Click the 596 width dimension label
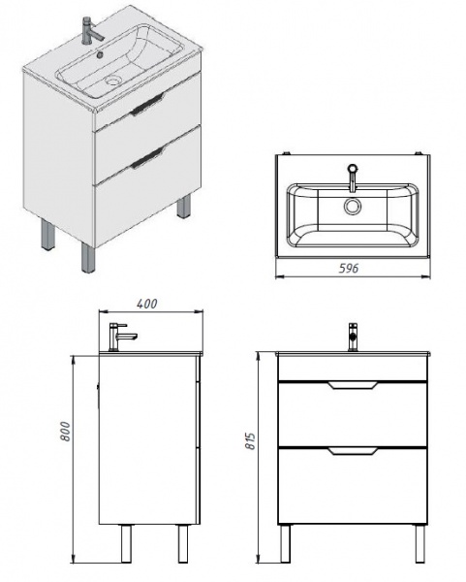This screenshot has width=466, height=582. (349, 268)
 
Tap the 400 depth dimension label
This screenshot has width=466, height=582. (147, 304)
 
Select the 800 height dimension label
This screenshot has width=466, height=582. (65, 432)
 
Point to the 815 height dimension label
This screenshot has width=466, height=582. (251, 441)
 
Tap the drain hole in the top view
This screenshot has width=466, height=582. (352, 206)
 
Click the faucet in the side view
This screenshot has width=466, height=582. (121, 337)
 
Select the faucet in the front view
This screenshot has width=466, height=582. (354, 337)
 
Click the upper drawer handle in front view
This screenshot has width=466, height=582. (353, 385)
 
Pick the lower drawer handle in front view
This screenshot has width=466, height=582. (353, 451)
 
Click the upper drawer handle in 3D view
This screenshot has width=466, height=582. (147, 105)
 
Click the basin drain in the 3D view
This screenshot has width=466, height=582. (112, 80)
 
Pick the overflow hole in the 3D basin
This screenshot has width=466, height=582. (99, 55)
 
